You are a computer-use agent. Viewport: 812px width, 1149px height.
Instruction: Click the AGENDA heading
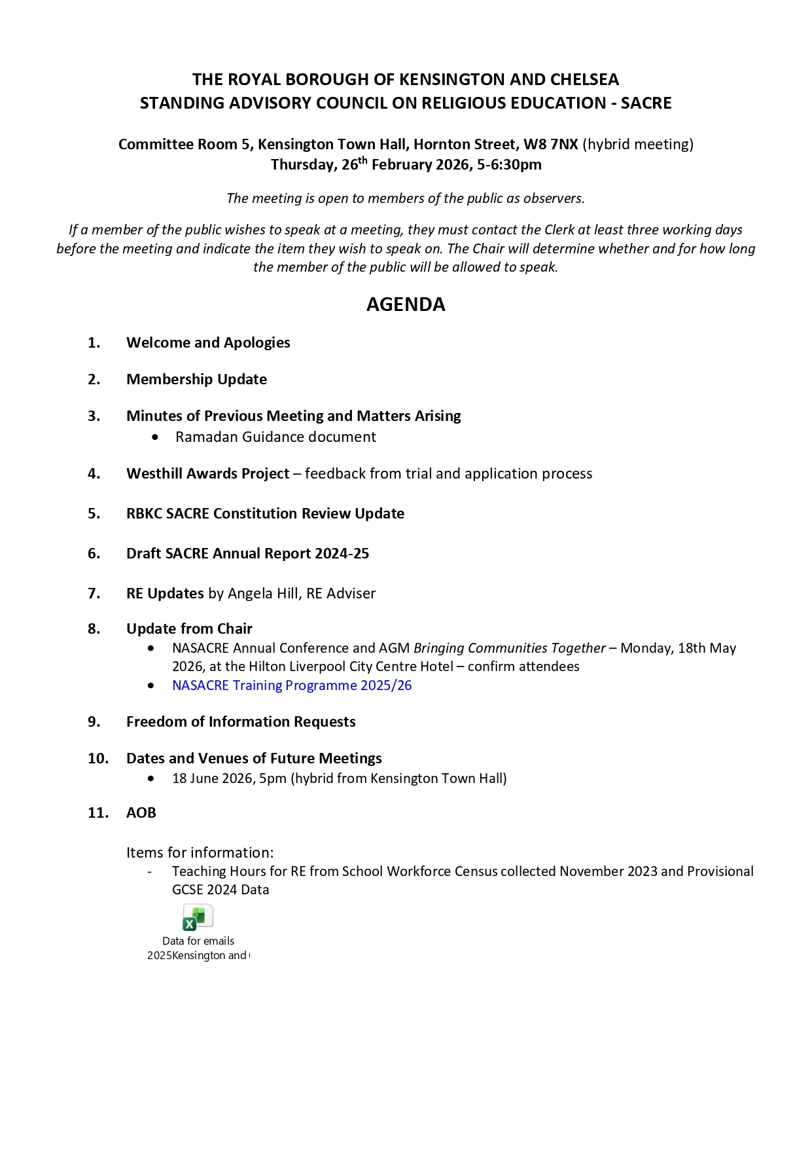406,304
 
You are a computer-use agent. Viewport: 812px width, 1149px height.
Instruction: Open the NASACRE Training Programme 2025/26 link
292,685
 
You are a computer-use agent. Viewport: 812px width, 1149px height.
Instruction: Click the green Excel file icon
198,917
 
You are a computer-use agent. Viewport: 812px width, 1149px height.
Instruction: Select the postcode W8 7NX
550,144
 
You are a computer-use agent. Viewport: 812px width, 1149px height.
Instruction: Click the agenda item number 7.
94,593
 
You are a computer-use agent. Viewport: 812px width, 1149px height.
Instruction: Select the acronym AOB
141,812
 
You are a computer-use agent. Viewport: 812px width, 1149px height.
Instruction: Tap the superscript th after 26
362,160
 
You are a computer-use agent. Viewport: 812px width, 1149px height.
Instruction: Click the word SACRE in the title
646,103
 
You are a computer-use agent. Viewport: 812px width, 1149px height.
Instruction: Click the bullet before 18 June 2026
152,778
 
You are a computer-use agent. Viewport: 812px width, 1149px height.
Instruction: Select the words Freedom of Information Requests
241,721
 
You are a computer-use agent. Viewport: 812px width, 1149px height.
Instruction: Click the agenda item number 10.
98,758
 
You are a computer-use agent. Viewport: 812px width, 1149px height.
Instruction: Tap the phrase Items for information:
200,852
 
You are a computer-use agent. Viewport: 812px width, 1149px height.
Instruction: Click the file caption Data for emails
198,941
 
